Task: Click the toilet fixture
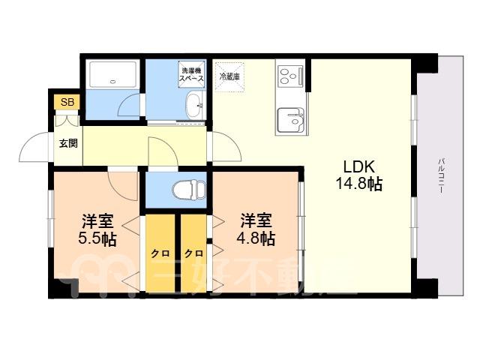pyautogui.click(x=189, y=190)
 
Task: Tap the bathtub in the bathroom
pyautogui.click(x=113, y=75)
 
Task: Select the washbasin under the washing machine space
pyautogui.click(x=194, y=105)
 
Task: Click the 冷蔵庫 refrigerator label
pyautogui.click(x=229, y=76)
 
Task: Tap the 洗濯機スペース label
pyautogui.click(x=191, y=74)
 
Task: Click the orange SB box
pyautogui.click(x=67, y=102)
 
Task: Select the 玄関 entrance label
pyautogui.click(x=68, y=143)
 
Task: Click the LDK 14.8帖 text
pyautogui.click(x=359, y=175)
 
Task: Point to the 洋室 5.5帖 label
pyautogui.click(x=97, y=230)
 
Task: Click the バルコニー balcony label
pyautogui.click(x=441, y=175)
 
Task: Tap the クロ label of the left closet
pyautogui.click(x=160, y=253)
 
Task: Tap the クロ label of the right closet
pyautogui.click(x=193, y=253)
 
